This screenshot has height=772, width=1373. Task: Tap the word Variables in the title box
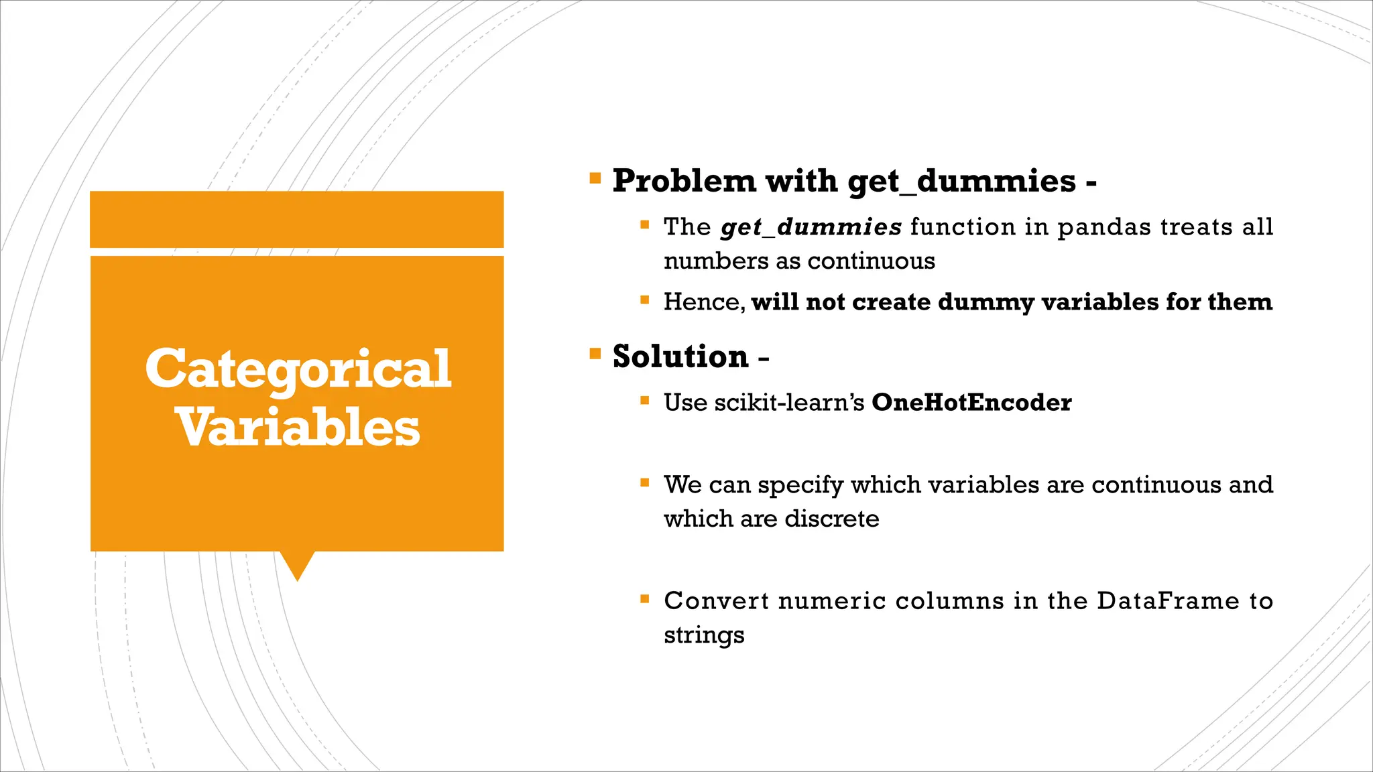coord(298,428)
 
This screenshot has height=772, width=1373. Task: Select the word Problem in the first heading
coord(684,181)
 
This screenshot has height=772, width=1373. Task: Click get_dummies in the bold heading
coord(961,181)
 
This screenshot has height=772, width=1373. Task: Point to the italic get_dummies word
coord(811,227)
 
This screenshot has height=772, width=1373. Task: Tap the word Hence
coord(703,302)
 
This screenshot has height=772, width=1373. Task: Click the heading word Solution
coord(680,357)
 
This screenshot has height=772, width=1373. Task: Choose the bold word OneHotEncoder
coord(971,403)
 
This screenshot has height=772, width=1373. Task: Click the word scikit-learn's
coord(789,403)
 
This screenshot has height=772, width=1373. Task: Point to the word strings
coord(704,635)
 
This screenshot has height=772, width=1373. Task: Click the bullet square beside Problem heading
coord(595,178)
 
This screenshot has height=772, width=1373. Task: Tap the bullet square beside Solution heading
coord(595,354)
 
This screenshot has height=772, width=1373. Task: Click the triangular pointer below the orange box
coord(297,565)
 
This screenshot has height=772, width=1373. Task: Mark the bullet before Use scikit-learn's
coord(645,401)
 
